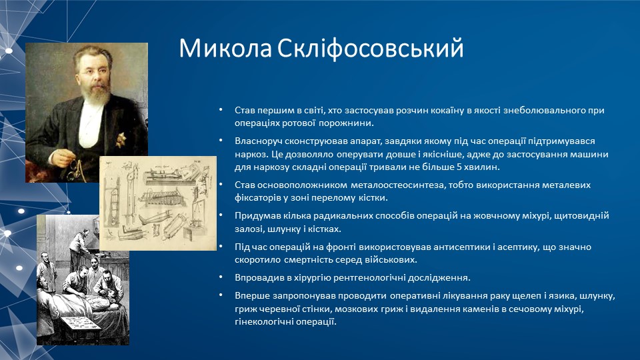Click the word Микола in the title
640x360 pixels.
[225, 48]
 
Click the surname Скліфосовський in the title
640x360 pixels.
[371, 49]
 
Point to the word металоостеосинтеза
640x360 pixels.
[397, 185]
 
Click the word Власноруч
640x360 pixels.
[258, 141]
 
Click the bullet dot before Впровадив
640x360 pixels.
[221, 277]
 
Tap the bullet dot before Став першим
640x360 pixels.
[221, 109]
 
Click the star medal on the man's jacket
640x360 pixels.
[120, 139]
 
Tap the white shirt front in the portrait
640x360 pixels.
[91, 125]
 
